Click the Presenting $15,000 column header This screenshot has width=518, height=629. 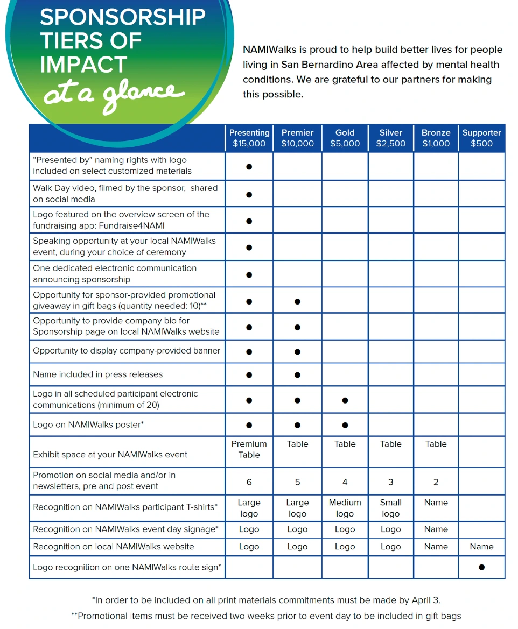[249, 138]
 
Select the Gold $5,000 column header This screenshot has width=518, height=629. [345, 138]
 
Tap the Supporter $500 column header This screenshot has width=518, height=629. [481, 138]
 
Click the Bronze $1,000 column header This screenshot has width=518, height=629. [436, 138]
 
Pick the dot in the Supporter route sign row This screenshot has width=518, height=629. [481, 567]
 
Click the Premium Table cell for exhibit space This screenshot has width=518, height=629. [249, 449]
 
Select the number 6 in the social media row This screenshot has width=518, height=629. [249, 482]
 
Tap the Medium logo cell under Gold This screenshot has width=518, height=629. [345, 508]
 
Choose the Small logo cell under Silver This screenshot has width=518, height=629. [390, 508]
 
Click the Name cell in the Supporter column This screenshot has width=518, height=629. [481, 547]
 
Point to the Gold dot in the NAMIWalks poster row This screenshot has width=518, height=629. [345, 425]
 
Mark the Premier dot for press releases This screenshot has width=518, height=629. [297, 375]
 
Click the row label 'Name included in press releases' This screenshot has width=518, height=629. [97, 374]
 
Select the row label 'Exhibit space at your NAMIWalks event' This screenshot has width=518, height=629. [110, 455]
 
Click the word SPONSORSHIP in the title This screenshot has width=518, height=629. [123, 17]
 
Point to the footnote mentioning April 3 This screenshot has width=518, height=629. [266, 600]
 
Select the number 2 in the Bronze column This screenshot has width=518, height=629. [436, 482]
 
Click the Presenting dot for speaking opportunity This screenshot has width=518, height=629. [249, 248]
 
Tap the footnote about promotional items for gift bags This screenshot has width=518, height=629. [266, 616]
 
